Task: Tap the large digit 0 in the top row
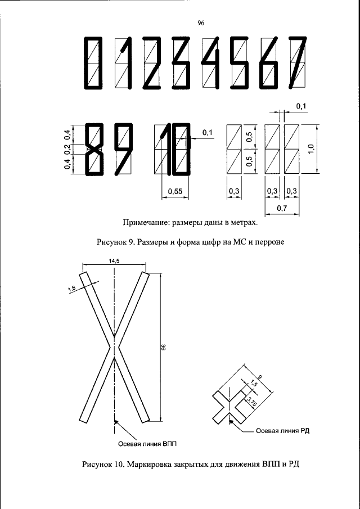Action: click(x=92, y=63)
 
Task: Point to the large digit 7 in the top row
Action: click(x=298, y=63)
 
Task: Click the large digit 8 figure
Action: click(x=93, y=150)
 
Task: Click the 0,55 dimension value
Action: click(x=174, y=192)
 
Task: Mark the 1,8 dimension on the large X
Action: click(x=71, y=290)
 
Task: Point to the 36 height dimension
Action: click(x=164, y=349)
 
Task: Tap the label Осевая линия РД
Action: click(x=283, y=431)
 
